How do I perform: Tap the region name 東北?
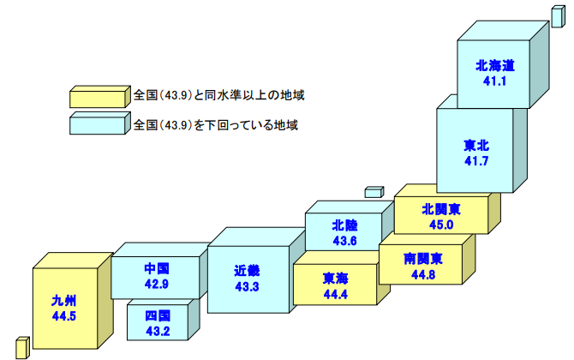click(x=477, y=145)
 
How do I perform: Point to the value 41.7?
click(x=477, y=160)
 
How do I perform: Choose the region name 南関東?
click(x=423, y=258)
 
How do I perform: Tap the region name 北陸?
click(x=344, y=225)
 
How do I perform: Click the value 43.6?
click(x=344, y=241)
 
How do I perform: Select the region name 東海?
click(x=335, y=278)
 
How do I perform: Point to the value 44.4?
click(x=335, y=294)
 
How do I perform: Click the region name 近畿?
click(x=247, y=270)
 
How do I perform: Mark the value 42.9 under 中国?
click(x=155, y=282)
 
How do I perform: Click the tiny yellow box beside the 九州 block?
click(x=23, y=346)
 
